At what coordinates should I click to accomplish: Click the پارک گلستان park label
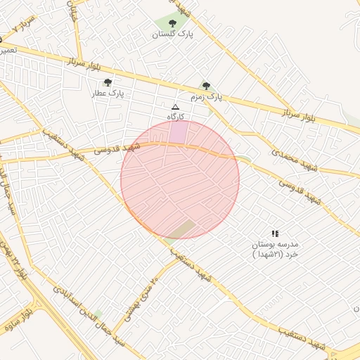tap(173, 33)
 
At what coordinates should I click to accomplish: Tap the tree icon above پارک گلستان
tap(173, 23)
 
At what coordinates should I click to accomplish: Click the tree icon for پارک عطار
tap(108, 82)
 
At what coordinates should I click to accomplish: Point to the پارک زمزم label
tap(206, 96)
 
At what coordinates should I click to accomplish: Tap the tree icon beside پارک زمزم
tap(206, 85)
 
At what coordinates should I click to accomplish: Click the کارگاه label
tap(175, 115)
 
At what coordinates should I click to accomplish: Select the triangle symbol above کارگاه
tap(175, 106)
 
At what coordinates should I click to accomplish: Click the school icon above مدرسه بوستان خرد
tap(275, 233)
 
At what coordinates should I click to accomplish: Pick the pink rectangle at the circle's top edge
tap(179, 131)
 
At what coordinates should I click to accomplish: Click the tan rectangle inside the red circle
tap(182, 229)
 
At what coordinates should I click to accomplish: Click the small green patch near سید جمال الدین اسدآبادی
tap(97, 314)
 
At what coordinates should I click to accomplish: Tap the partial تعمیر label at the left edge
tap(8, 51)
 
